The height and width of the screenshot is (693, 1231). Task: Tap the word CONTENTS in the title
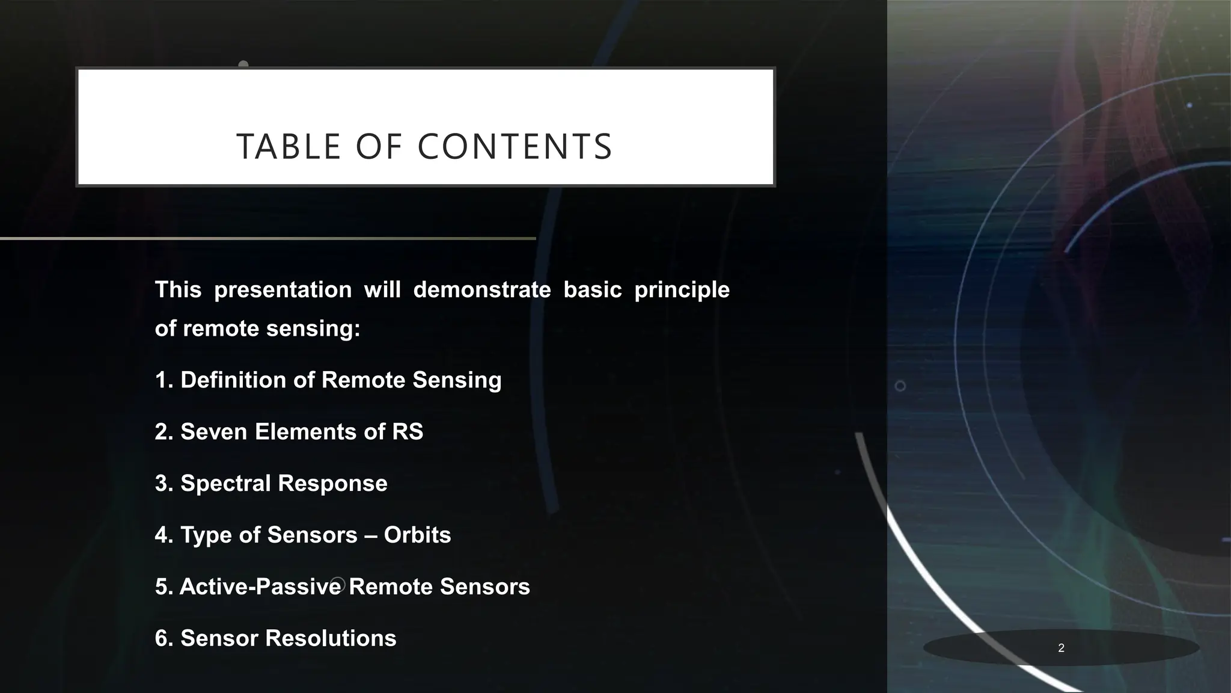coord(515,147)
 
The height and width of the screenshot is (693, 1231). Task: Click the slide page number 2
coord(1061,648)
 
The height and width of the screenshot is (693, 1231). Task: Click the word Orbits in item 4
coord(417,535)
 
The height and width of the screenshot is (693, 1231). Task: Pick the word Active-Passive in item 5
coord(260,587)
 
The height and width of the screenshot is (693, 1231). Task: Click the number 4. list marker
coord(164,535)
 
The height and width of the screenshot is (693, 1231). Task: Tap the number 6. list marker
coord(164,639)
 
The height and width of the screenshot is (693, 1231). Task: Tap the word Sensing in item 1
coord(457,380)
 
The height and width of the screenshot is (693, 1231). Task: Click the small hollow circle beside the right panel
coord(900,386)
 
